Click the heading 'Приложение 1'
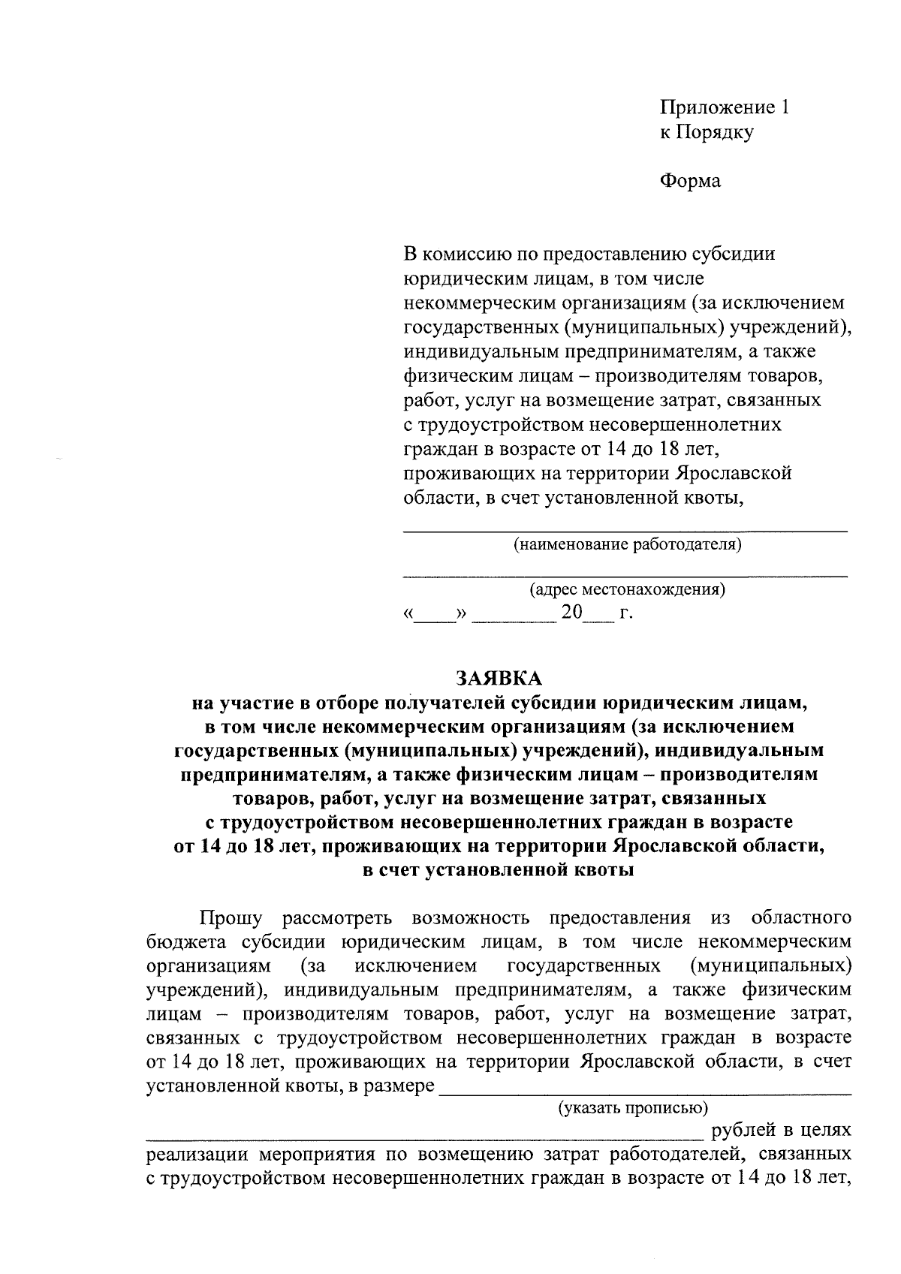(x=724, y=108)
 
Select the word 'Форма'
(x=690, y=181)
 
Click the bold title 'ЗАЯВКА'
(x=499, y=679)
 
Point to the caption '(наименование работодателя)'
(x=626, y=544)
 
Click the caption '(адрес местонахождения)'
(x=627, y=589)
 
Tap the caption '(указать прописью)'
(x=631, y=1107)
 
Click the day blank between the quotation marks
(x=435, y=620)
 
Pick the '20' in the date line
(x=572, y=613)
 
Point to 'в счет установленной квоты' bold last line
(x=499, y=871)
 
